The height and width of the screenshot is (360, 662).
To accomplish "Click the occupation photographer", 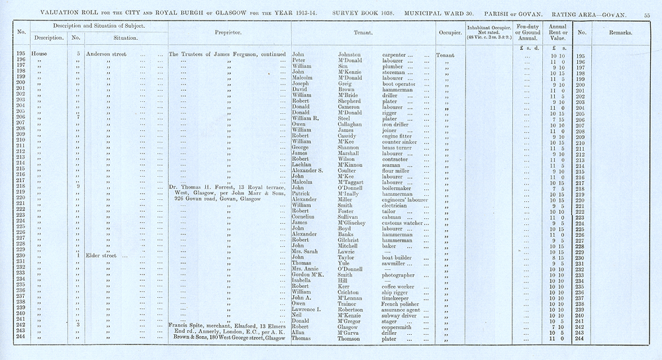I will [x=402, y=275].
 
